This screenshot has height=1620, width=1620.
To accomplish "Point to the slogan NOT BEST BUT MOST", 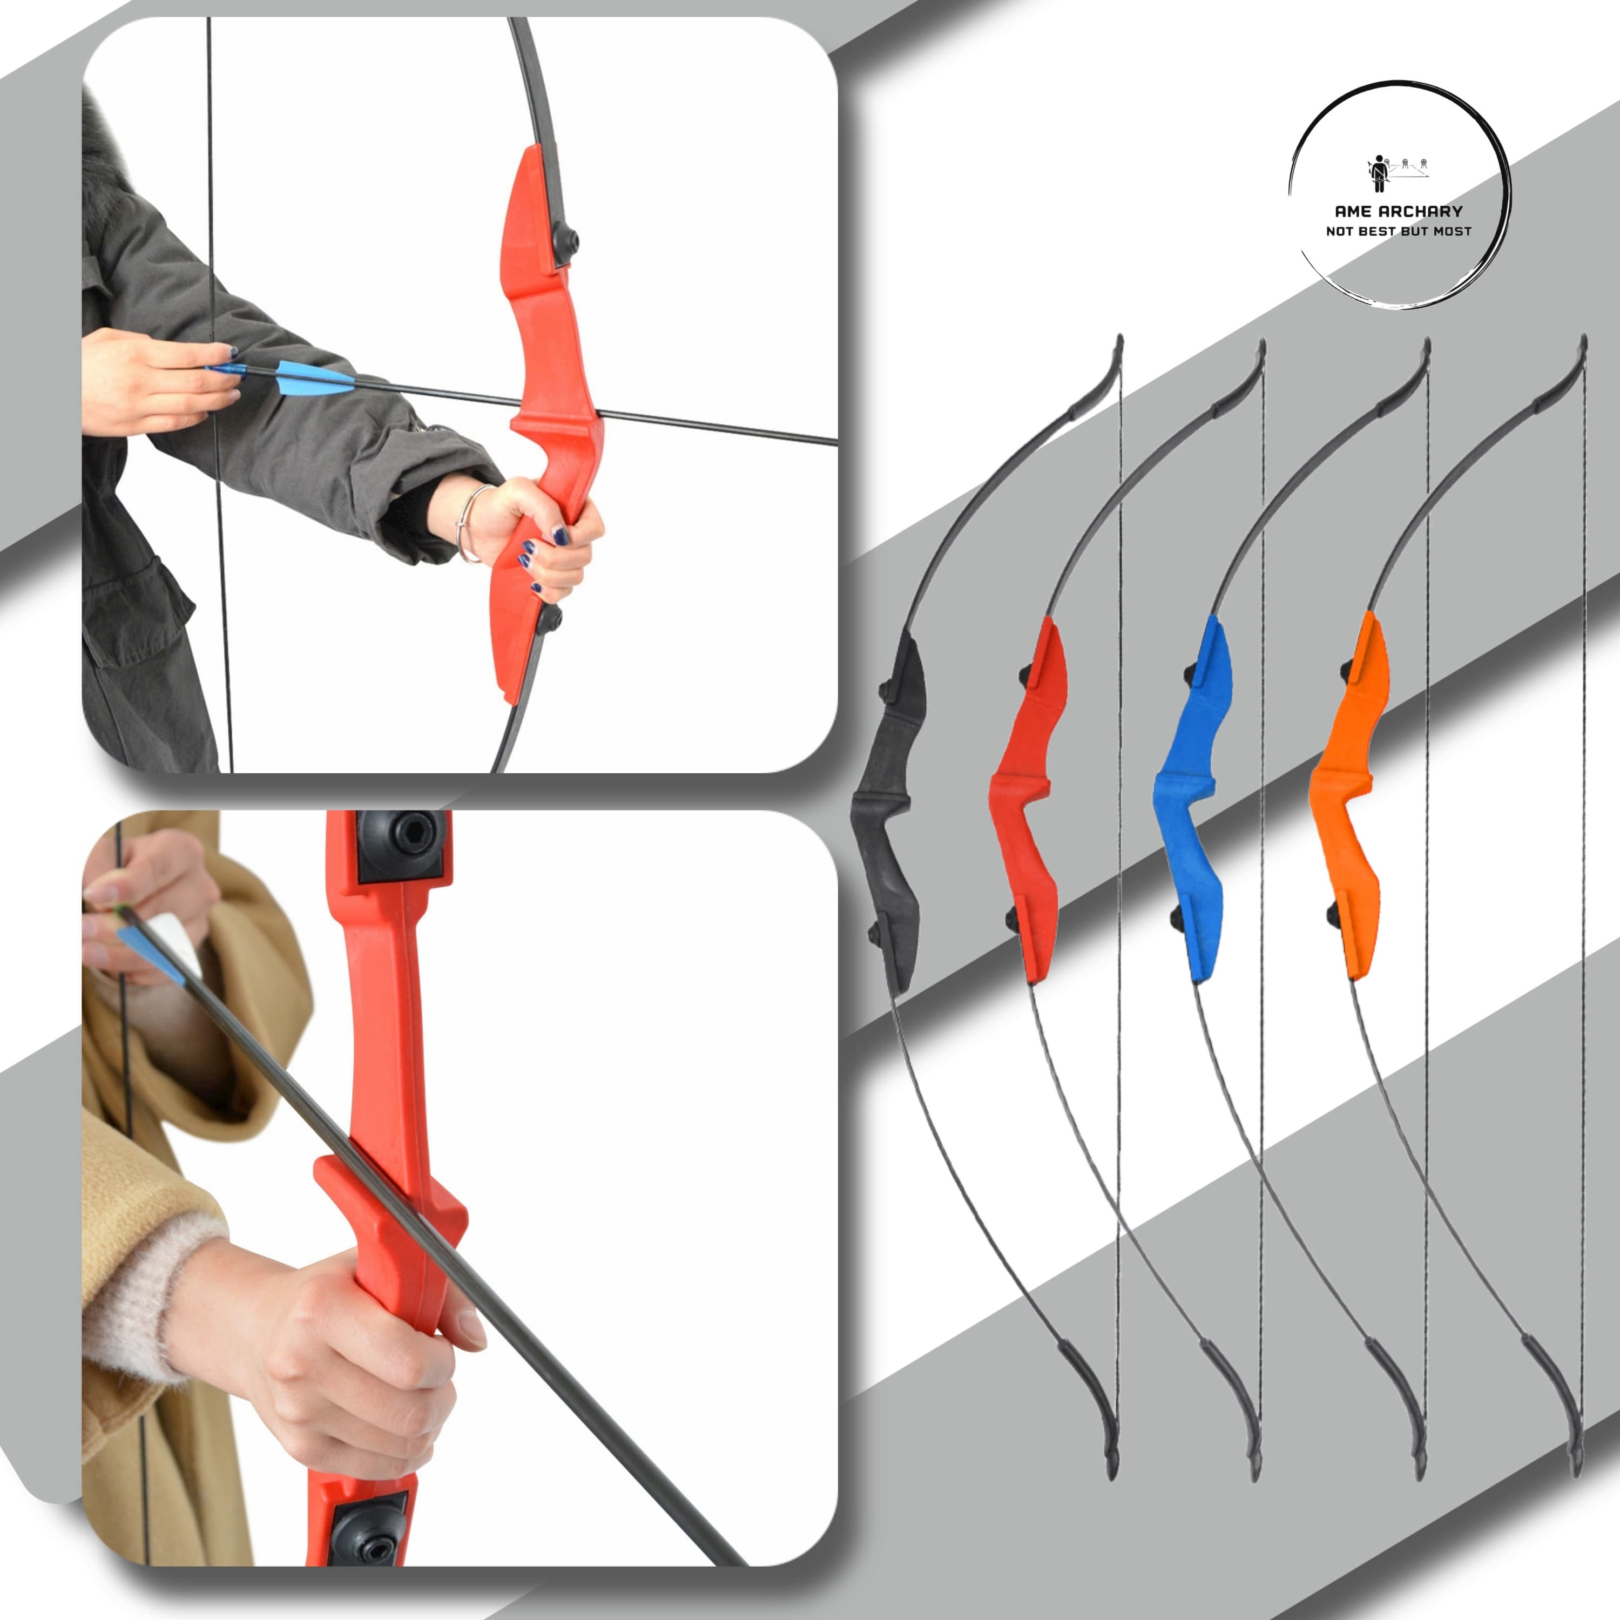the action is point(1398,231).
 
